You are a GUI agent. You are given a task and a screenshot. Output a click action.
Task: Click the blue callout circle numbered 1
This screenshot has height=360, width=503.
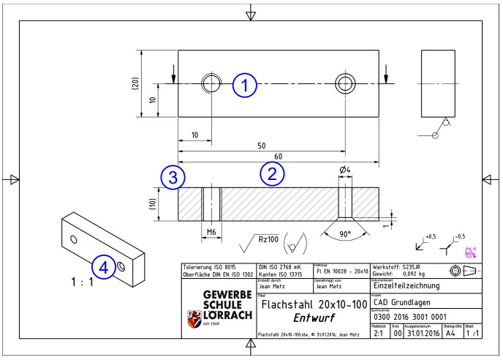pos(246,86)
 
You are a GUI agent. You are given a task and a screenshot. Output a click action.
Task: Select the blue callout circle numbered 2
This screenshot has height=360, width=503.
pos(271,174)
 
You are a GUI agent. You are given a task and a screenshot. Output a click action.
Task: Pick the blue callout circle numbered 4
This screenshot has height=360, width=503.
pos(106,269)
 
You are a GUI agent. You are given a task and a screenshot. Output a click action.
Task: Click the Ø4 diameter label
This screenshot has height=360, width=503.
pos(344,172)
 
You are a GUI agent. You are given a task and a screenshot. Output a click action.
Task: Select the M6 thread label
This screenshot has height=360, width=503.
pos(211,232)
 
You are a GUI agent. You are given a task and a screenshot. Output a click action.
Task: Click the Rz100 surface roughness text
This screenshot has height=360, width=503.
pos(271,236)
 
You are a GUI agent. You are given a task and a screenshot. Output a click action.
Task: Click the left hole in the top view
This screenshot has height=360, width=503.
pos(211,82)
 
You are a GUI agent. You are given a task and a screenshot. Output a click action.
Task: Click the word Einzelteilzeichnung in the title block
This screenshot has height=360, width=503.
pos(414,287)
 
